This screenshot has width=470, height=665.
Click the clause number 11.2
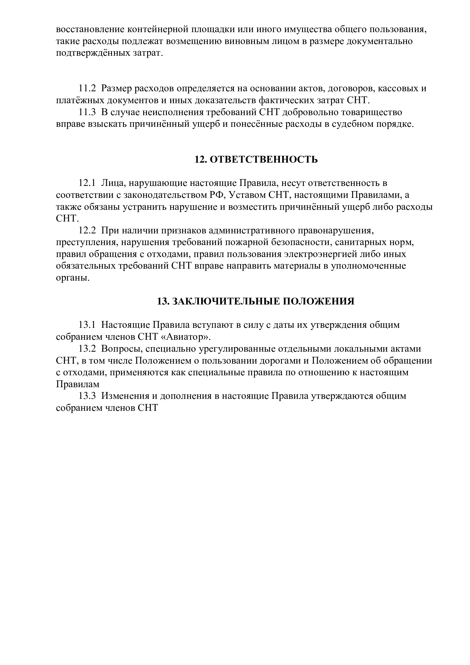coord(87,89)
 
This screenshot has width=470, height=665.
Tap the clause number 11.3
coord(87,112)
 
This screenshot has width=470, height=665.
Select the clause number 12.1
coord(87,183)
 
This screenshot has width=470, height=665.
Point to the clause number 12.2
coord(87,231)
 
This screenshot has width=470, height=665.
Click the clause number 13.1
coord(87,325)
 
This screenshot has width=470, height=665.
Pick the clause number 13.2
coord(87,349)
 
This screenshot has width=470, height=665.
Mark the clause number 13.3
coord(87,396)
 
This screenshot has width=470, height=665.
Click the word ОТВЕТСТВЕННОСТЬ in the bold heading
coord(264,159)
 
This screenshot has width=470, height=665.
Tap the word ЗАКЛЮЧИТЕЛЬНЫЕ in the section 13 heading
coord(226,301)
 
